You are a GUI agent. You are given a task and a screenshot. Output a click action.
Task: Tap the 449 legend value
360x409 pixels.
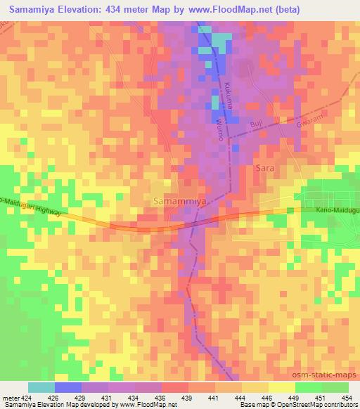pos(295,397)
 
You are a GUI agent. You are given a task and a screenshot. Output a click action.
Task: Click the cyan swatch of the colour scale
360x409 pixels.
pos(41,387)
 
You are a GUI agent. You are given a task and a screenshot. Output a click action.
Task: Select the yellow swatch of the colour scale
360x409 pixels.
pos(282,387)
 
